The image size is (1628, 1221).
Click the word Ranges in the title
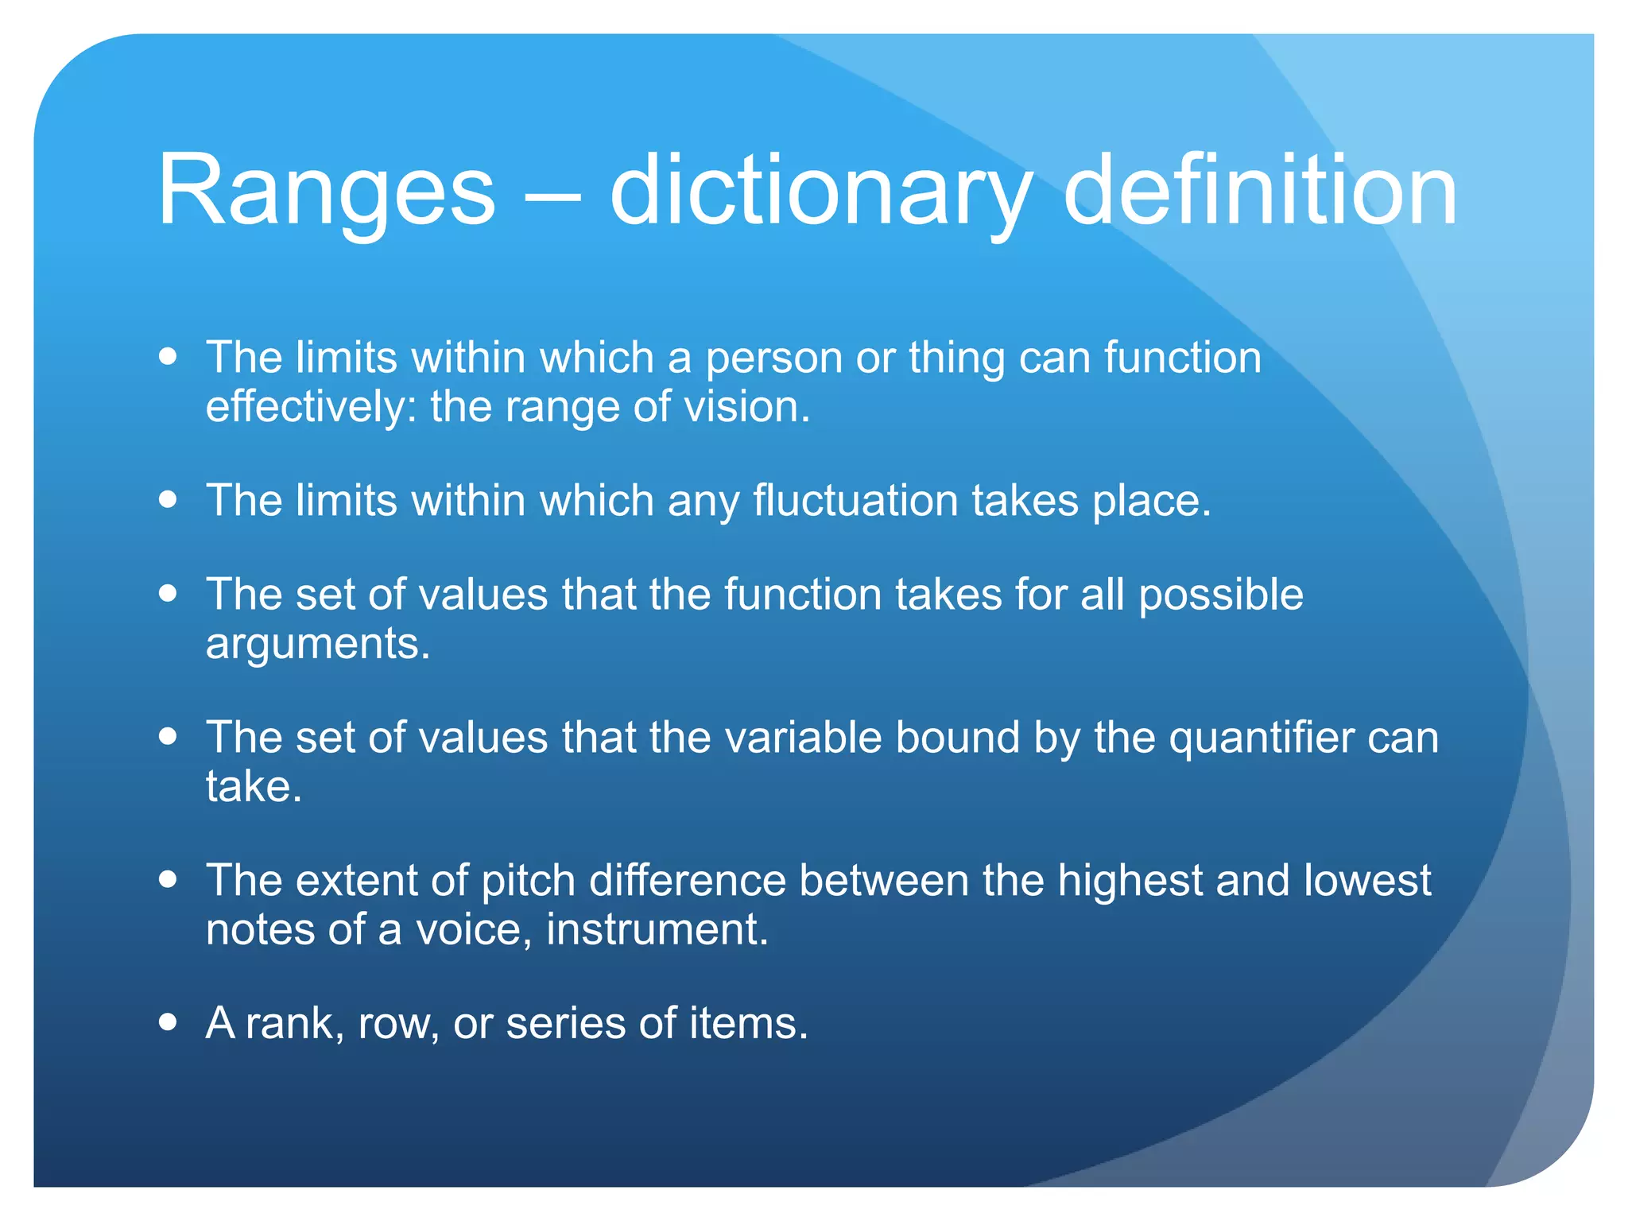(326, 191)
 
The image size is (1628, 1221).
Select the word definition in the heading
(1260, 191)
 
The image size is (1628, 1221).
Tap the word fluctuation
(855, 501)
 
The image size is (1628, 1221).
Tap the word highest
(1130, 882)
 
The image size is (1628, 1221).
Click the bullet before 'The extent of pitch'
(167, 879)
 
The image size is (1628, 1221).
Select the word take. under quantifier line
(254, 787)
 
